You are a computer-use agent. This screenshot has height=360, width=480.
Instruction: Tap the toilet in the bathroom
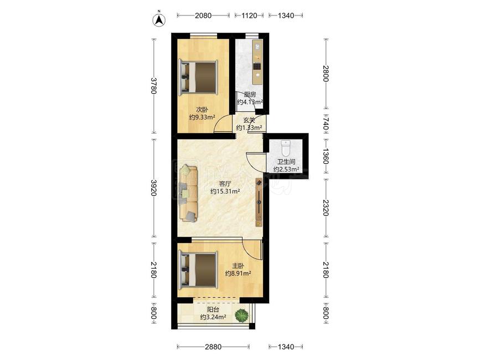point(285,148)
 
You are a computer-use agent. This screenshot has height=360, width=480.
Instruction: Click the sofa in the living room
point(189,193)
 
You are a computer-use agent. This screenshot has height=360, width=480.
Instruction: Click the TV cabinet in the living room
point(259,202)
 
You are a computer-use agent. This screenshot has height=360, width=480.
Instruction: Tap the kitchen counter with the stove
point(257,62)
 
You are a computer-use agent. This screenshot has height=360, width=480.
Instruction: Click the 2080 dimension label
point(203,16)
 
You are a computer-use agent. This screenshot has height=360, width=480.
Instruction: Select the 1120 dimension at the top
point(249,16)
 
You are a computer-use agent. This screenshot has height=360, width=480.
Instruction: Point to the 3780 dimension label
point(154,86)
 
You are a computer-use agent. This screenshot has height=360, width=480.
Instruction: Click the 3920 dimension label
point(154,188)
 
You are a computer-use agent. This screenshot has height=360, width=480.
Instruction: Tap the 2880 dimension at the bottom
point(213,347)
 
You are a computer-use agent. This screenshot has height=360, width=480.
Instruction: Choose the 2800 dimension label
point(326,74)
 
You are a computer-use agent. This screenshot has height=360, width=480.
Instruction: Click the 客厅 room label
point(225,184)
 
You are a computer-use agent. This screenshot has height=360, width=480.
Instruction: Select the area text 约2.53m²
point(286,169)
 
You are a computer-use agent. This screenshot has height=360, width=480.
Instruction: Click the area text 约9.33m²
point(202,117)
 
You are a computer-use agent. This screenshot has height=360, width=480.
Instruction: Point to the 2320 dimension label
point(326,208)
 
